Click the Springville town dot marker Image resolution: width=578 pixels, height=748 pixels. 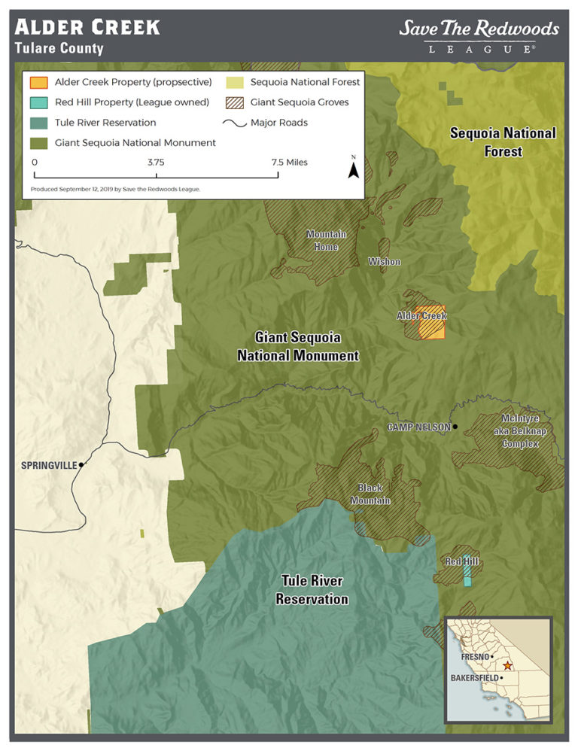(x=81, y=464)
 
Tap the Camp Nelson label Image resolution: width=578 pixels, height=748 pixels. (x=418, y=427)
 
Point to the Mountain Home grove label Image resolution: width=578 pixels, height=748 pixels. (x=326, y=239)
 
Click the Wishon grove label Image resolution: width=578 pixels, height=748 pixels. (x=384, y=261)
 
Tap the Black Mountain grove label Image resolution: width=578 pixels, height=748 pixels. (x=374, y=494)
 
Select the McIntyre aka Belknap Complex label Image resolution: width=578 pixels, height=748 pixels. (x=520, y=430)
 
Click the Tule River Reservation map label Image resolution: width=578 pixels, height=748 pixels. (x=312, y=590)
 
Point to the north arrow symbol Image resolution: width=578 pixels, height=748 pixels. (x=352, y=169)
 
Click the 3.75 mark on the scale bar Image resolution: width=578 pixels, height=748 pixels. (x=156, y=163)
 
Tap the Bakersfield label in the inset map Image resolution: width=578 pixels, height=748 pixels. (x=474, y=677)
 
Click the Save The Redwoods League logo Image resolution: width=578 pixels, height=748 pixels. (x=479, y=36)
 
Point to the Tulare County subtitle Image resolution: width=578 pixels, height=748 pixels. (x=59, y=49)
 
